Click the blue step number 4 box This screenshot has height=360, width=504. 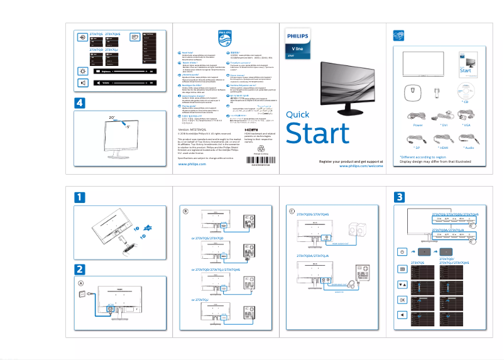[79, 102]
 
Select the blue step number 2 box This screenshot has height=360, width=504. [79, 269]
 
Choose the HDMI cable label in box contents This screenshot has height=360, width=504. [443, 147]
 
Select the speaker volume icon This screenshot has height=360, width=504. [83, 83]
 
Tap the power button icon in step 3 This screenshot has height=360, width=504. [402, 251]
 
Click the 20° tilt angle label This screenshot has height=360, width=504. [112, 117]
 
